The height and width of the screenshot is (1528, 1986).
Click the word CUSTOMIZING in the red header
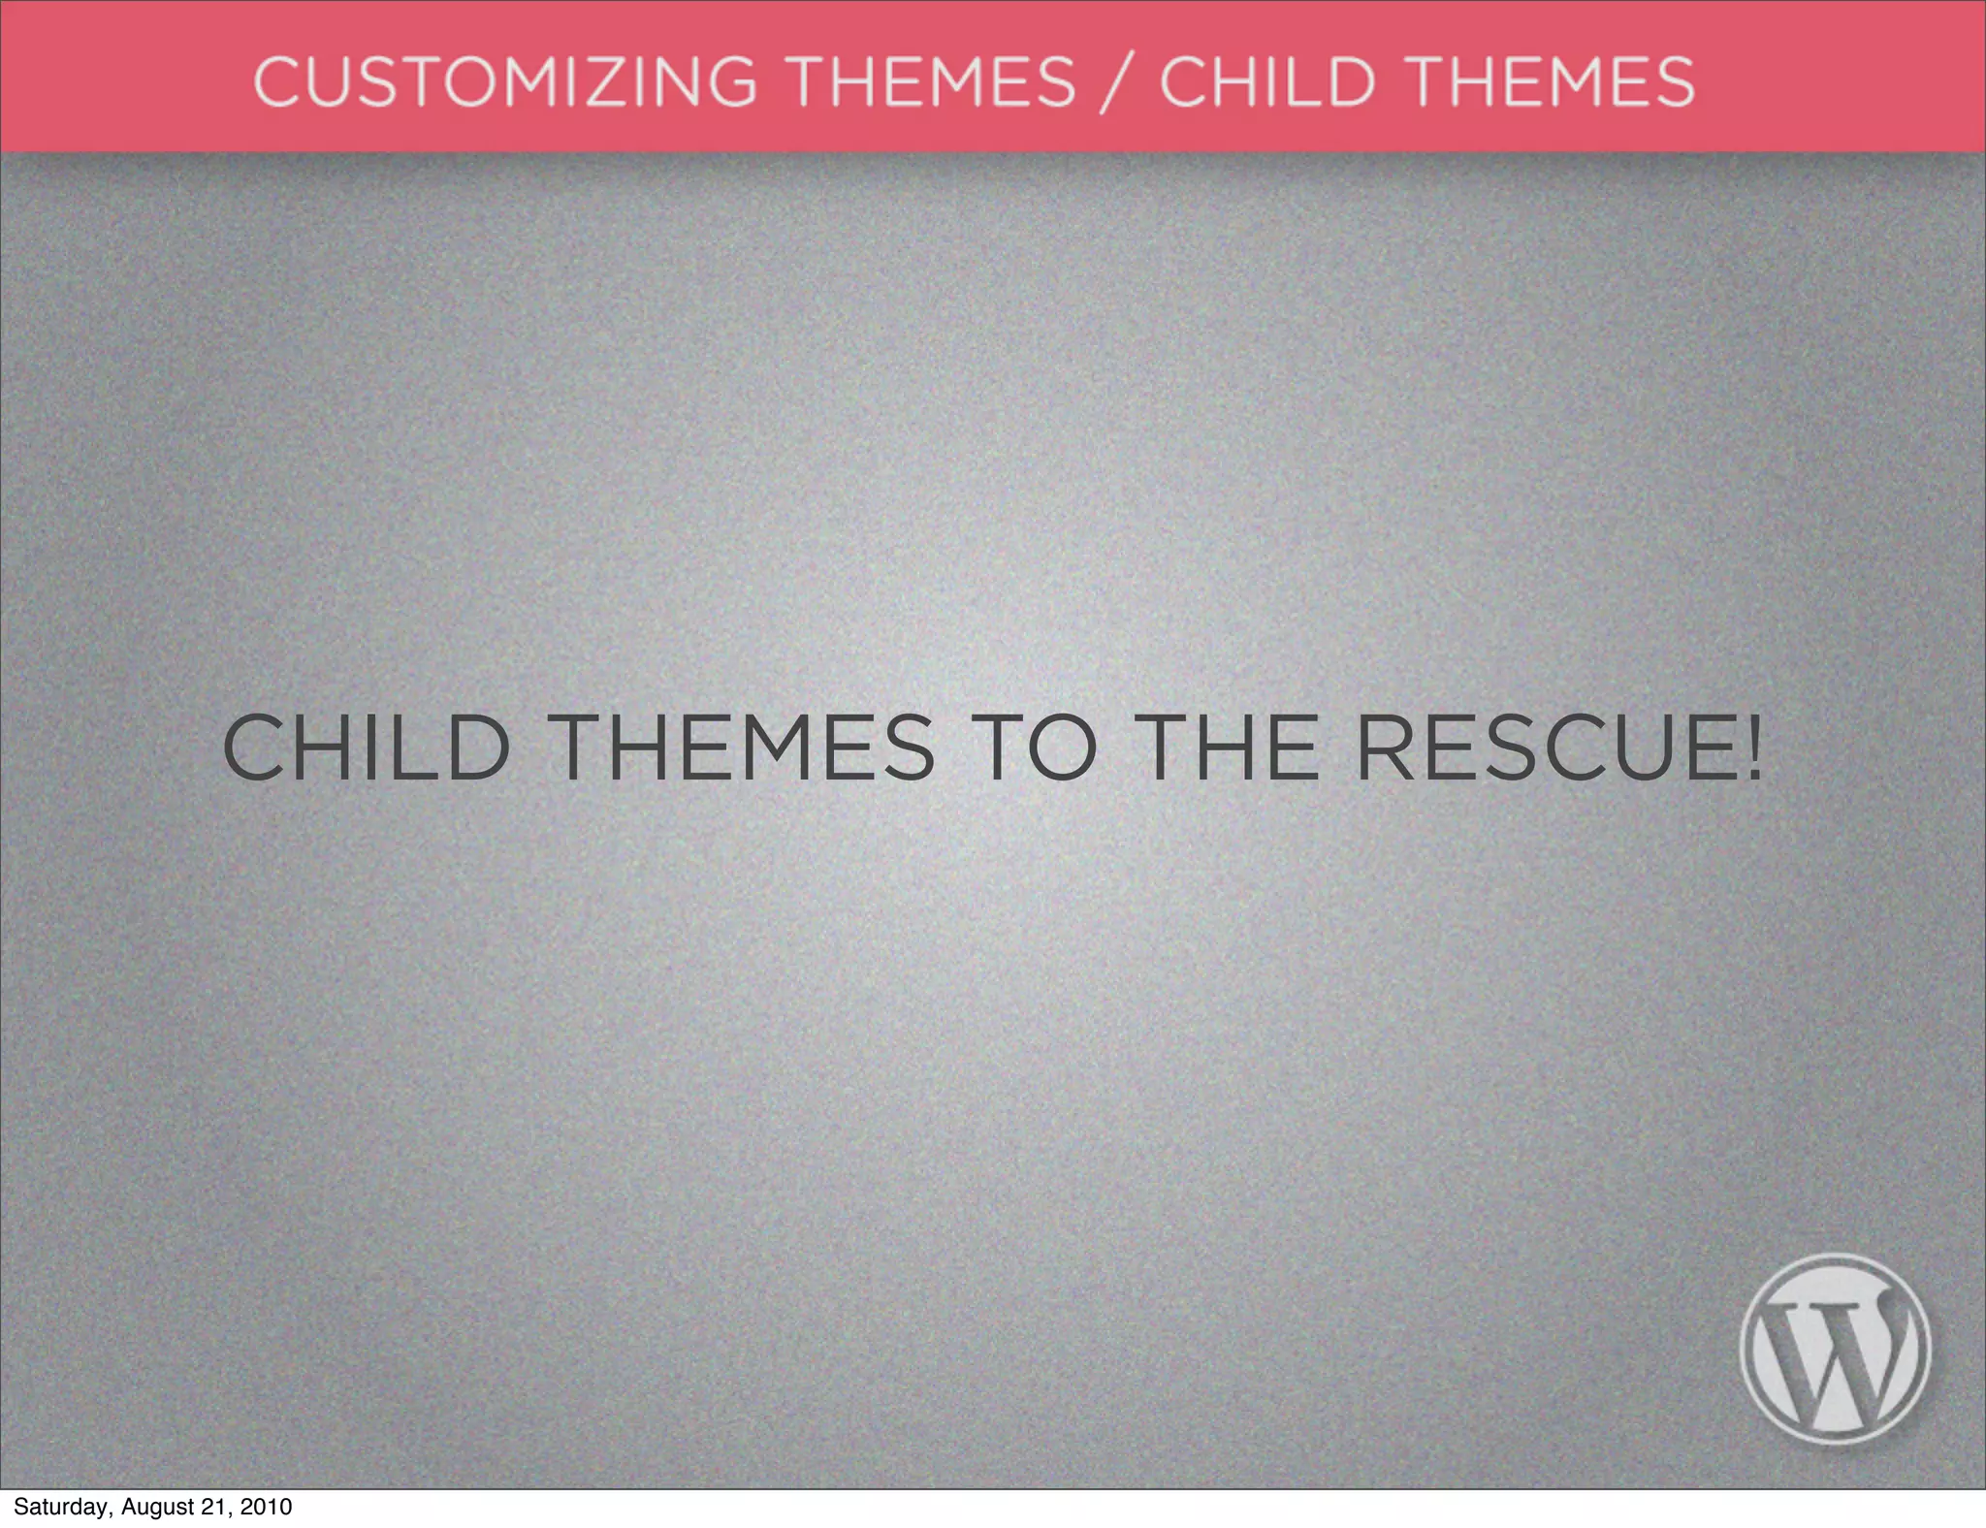tap(504, 81)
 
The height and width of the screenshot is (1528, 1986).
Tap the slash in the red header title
tap(1118, 83)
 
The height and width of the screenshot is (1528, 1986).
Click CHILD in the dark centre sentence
tap(367, 748)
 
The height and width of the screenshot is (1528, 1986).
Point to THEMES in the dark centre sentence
tap(743, 748)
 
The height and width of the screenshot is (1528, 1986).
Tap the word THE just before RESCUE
tap(1230, 748)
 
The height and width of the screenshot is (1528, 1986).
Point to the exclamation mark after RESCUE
tap(1752, 748)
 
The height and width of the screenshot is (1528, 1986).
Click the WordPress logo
tap(1835, 1349)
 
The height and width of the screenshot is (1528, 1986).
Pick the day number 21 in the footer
tap(214, 1507)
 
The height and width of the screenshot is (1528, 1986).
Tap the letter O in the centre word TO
tap(1062, 748)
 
